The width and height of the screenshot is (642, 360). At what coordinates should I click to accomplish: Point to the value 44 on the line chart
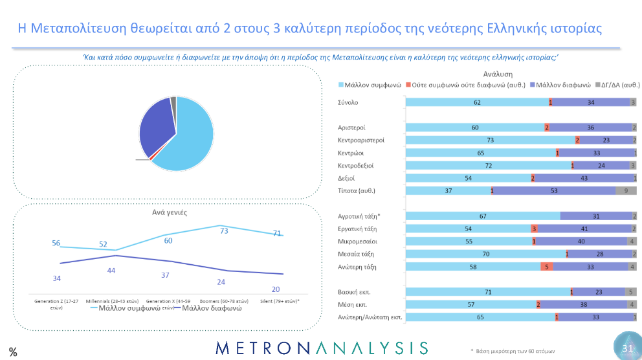[x=111, y=270]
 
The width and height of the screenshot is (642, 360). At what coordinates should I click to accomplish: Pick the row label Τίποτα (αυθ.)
[x=351, y=190]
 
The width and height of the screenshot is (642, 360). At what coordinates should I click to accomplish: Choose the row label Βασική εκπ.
[x=350, y=292]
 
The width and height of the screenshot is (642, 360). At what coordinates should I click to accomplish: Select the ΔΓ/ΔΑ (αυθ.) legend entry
[x=620, y=85]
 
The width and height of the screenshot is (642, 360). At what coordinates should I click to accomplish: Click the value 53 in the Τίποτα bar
[x=554, y=190]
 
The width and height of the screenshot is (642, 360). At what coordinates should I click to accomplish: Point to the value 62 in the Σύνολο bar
[x=477, y=102]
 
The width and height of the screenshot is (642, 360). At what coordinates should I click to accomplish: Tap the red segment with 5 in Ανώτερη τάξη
[x=547, y=267]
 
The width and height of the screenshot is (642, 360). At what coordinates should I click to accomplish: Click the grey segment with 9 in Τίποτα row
[x=626, y=190]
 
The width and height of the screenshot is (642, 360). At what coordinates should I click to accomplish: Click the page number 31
[x=627, y=348]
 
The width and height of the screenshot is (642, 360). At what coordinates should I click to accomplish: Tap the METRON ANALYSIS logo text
[x=321, y=348]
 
